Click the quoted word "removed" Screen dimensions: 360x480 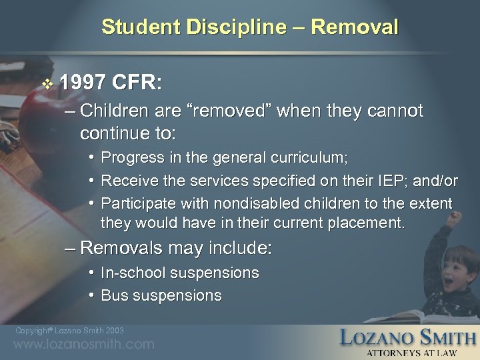tap(230, 111)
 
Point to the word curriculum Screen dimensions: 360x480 tap(304, 157)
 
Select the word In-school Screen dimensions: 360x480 tap(133, 273)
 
